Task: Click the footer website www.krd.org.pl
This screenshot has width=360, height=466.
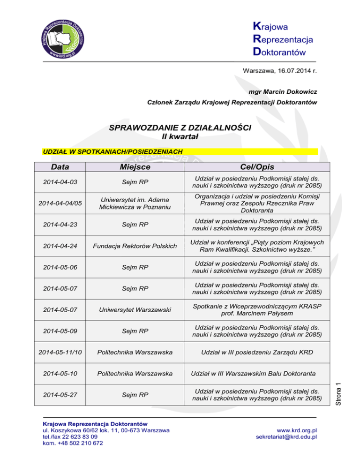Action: tap(297, 429)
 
